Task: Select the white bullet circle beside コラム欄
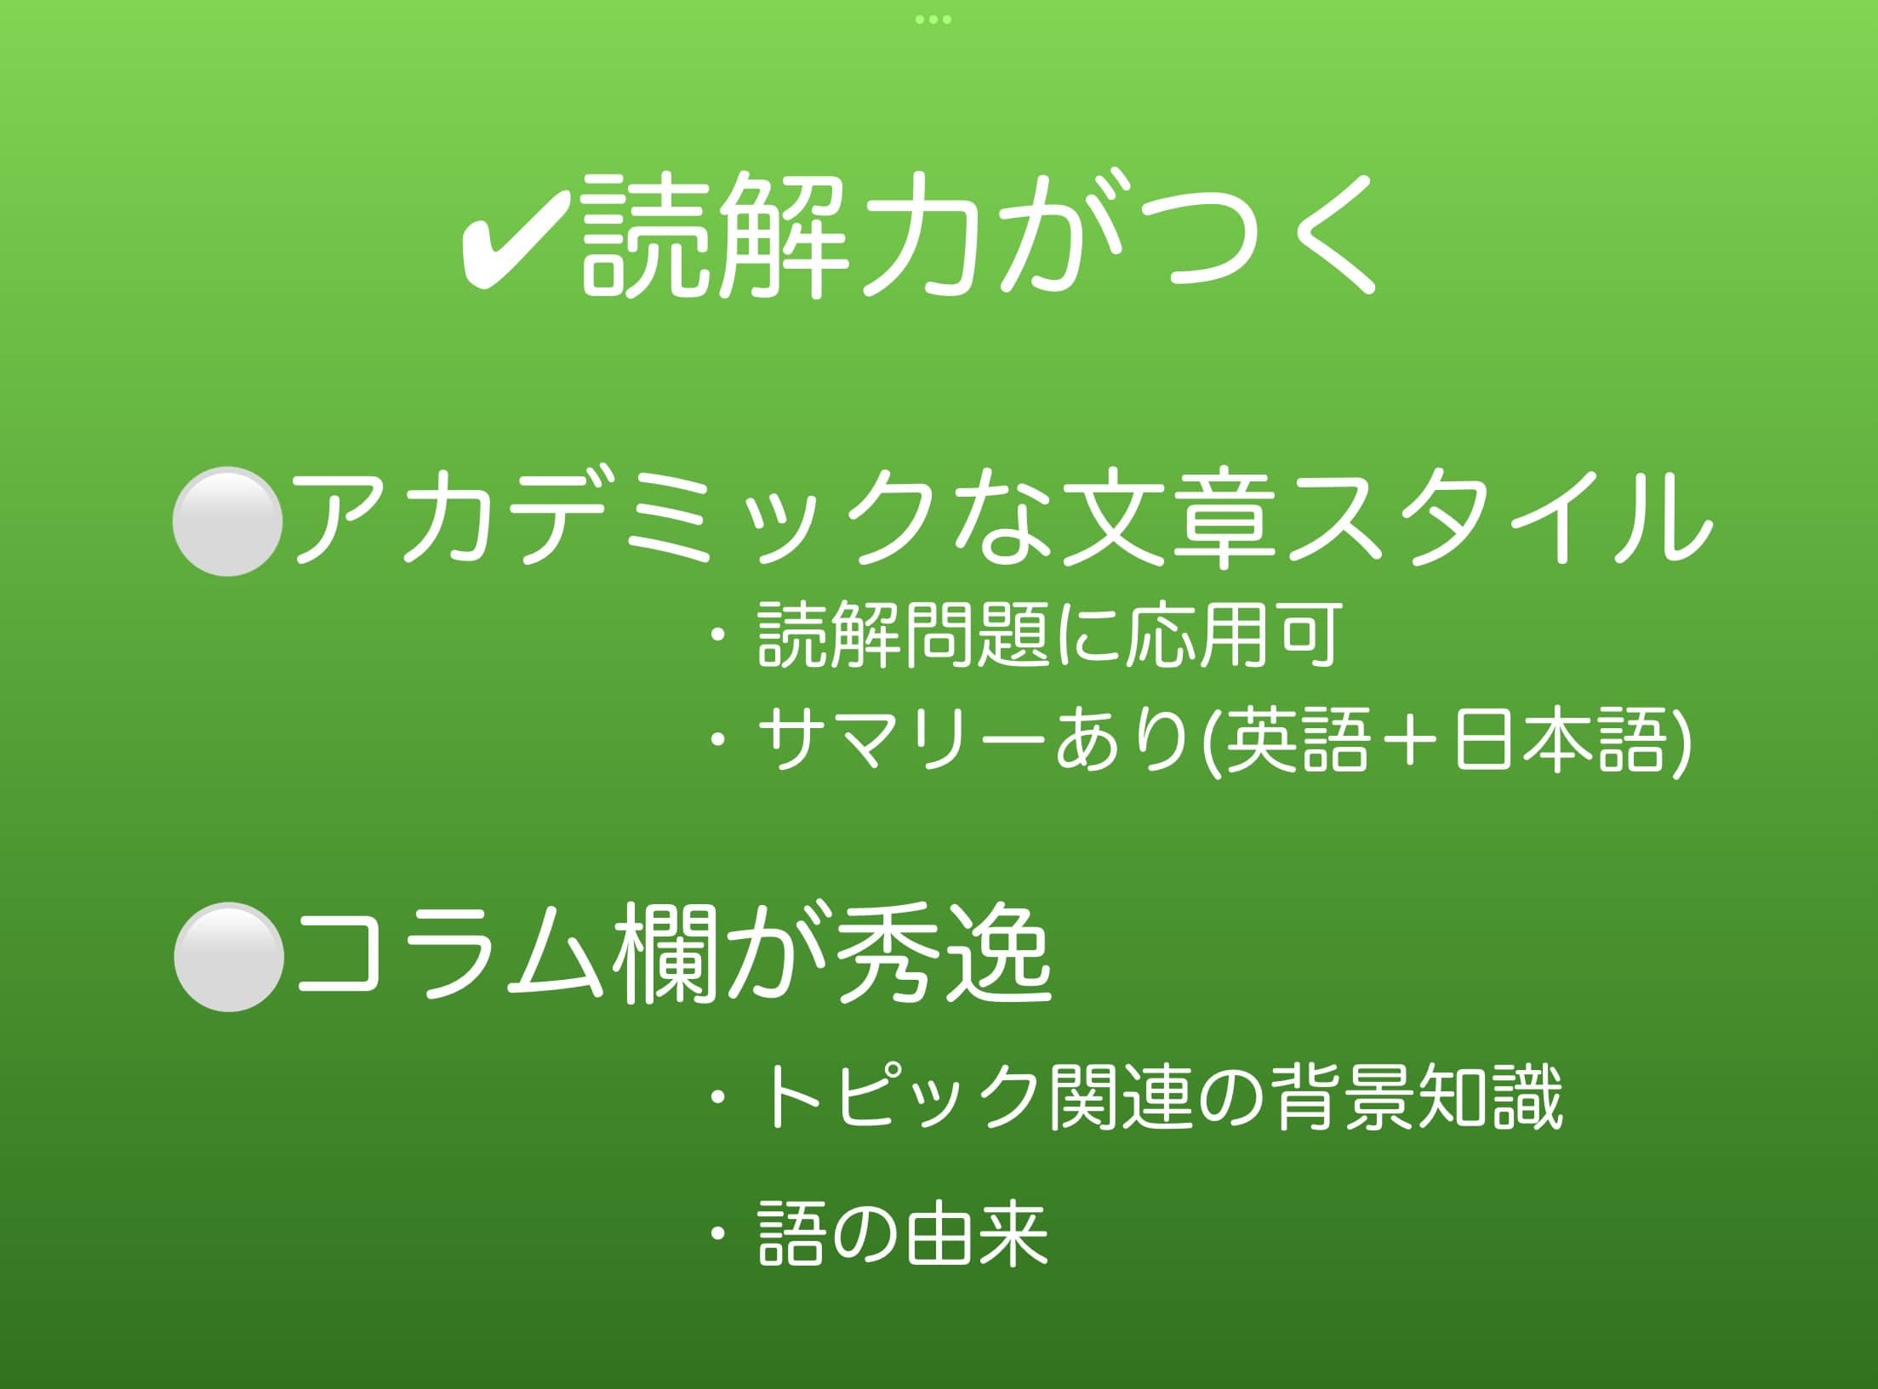229,957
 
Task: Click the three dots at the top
933,19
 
